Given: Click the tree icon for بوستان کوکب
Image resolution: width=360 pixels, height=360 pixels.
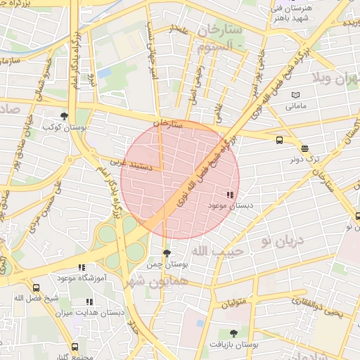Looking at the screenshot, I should point(65,116).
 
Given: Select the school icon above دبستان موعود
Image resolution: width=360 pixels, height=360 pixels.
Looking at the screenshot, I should point(229,195).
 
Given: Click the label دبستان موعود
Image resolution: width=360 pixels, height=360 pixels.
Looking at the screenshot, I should point(229,205).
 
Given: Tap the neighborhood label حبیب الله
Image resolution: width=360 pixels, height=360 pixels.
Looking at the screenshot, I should point(219,250).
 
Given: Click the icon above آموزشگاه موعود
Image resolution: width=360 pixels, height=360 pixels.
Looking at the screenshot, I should point(82,267).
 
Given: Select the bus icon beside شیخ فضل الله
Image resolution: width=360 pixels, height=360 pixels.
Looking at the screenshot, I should point(37,288).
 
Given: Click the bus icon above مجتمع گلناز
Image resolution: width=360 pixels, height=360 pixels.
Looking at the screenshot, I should point(75,347).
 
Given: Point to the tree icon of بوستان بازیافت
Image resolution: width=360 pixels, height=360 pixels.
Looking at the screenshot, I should point(233,333).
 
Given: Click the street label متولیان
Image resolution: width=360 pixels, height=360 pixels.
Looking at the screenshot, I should point(235,304).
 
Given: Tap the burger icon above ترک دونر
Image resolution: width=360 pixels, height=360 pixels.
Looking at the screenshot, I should point(304,148).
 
